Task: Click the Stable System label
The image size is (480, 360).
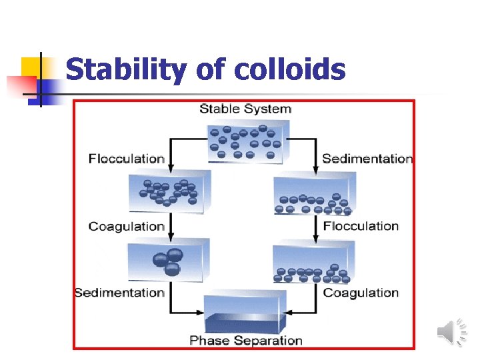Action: (x=245, y=109)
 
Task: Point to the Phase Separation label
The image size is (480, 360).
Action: (x=245, y=341)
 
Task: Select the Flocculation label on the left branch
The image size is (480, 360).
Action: (x=127, y=159)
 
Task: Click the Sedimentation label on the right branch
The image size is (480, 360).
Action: (x=367, y=159)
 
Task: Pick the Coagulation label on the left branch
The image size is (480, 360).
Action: (x=127, y=226)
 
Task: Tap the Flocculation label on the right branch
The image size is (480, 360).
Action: (x=361, y=226)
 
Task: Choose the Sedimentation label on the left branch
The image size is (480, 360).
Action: (x=119, y=293)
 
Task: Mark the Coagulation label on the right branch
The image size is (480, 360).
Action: (x=361, y=293)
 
